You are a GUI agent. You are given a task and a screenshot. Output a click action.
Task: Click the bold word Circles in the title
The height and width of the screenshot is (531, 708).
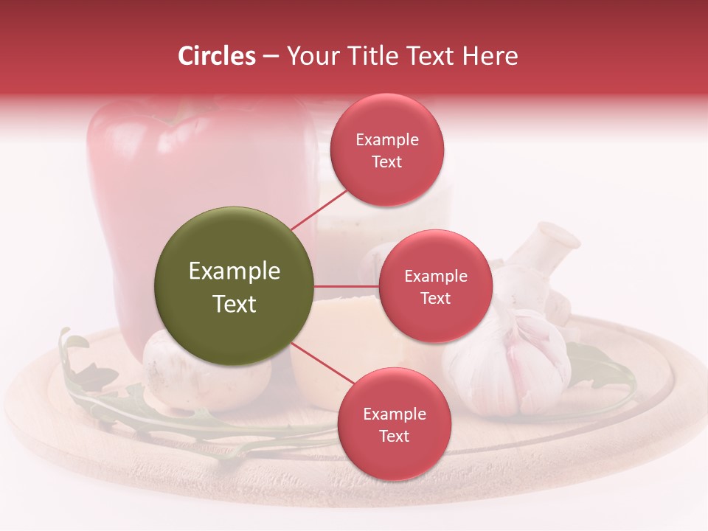pos(216,56)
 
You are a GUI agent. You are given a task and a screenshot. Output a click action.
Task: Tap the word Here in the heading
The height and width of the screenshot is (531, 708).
pos(490,56)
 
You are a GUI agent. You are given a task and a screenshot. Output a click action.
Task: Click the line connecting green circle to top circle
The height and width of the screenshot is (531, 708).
pos(319,209)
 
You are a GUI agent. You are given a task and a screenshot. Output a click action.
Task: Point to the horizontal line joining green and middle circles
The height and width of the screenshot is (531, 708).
pos(347,286)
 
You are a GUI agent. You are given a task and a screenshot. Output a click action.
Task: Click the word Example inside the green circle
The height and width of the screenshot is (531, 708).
pos(234,271)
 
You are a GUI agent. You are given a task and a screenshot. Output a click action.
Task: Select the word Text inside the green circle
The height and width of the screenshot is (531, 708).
pos(234,304)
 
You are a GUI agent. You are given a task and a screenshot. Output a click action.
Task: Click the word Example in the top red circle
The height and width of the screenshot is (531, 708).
pos(387,140)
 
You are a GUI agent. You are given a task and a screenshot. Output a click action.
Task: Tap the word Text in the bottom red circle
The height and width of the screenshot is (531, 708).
pos(394,437)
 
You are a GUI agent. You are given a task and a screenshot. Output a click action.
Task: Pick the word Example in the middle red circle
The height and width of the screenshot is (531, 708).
pos(435,277)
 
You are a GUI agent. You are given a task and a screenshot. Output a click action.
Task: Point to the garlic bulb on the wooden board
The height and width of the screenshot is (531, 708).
pos(516,361)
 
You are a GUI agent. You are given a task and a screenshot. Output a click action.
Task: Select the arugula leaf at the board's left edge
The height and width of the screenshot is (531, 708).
pos(81,369)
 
